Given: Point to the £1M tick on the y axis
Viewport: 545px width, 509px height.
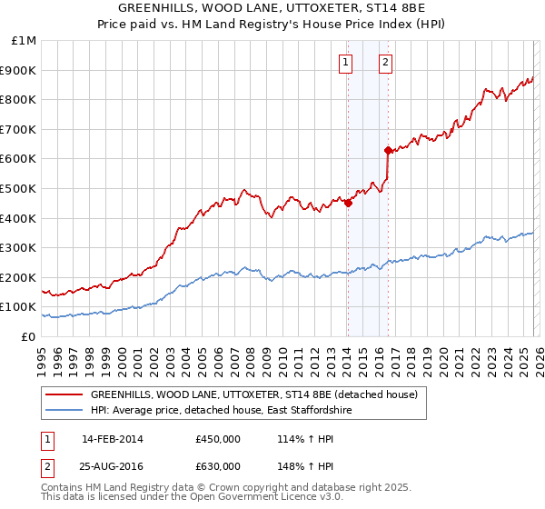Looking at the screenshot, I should pyautogui.click(x=24, y=41).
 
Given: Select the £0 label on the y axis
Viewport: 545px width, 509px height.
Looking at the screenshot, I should pyautogui.click(x=28, y=336).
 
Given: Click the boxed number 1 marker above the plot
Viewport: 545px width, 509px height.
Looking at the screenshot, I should pyautogui.click(x=347, y=63).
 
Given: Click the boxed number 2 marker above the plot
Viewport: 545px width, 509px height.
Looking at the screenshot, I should pyautogui.click(x=385, y=63).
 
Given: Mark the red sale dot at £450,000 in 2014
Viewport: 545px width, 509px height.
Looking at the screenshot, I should pyautogui.click(x=348, y=204).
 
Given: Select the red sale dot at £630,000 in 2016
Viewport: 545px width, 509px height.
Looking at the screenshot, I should pyautogui.click(x=388, y=150).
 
